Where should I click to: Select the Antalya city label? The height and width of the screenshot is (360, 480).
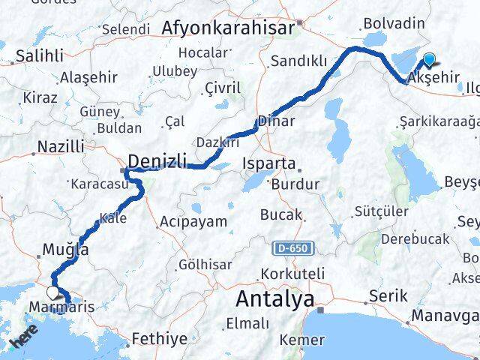point(275,299)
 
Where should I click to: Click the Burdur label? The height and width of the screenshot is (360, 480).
point(295,184)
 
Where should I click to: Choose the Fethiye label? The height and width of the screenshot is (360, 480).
point(160,339)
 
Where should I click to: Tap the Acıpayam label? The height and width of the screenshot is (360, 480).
point(193,221)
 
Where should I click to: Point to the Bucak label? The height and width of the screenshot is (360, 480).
point(280,214)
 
